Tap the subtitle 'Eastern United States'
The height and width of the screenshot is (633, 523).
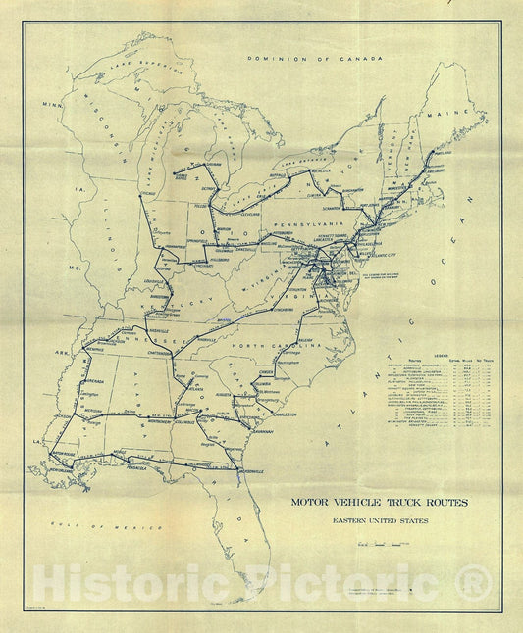[x=379, y=520]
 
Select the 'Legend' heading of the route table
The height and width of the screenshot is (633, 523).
[x=441, y=357]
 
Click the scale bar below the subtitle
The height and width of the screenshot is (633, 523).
[x=379, y=540]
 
